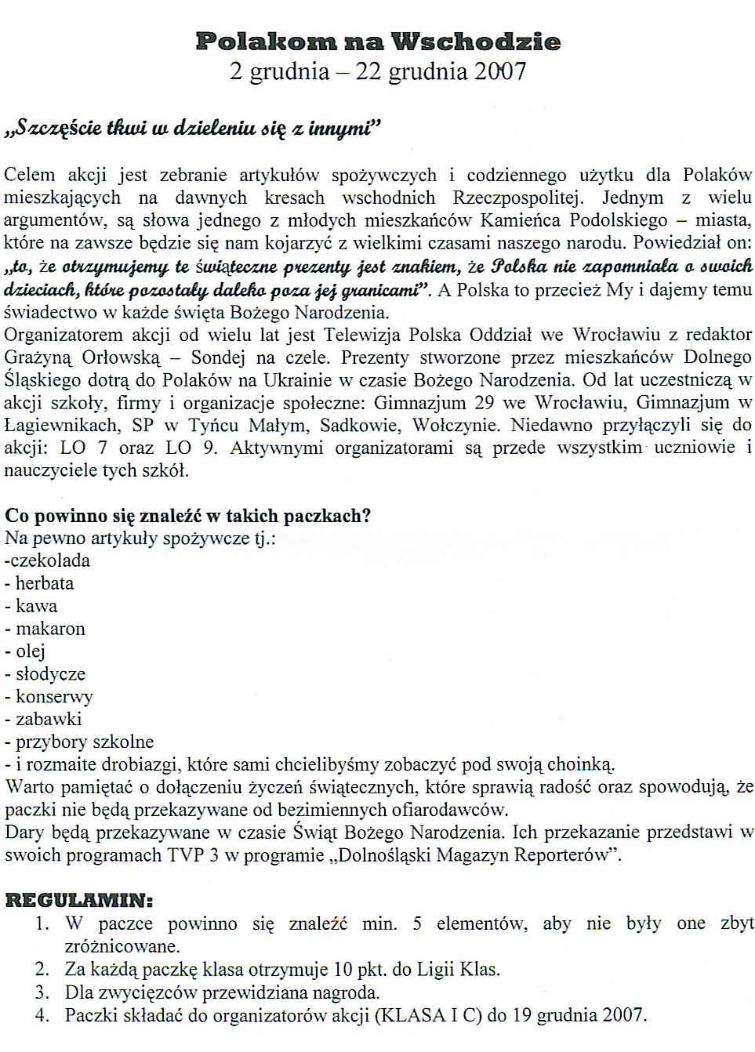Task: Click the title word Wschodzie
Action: click(476, 42)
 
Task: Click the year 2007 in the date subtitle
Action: click(499, 71)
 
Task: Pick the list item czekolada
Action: click(49, 560)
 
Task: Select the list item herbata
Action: click(45, 583)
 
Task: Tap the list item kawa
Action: click(36, 606)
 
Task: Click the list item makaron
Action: click(50, 629)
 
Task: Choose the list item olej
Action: click(31, 651)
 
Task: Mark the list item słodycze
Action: click(50, 674)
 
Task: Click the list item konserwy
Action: click(54, 697)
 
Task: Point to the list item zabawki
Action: click(49, 719)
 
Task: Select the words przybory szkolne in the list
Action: click(85, 742)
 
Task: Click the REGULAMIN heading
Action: click(79, 900)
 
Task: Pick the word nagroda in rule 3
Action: click(348, 993)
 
